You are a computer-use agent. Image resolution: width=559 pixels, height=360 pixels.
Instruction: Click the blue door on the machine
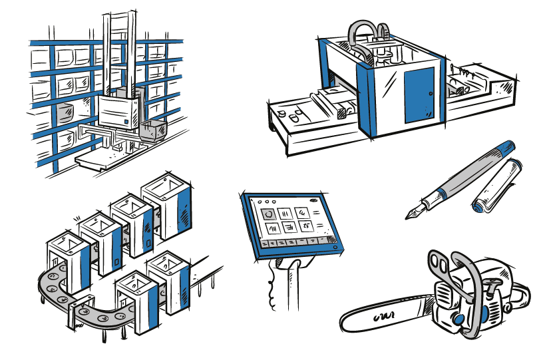click(419, 94)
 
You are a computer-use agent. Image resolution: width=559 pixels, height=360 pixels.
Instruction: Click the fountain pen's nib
click(414, 212)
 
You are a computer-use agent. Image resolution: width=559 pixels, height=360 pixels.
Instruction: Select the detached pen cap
click(495, 186)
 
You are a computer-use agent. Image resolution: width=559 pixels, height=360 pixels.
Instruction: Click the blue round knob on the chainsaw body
click(459, 320)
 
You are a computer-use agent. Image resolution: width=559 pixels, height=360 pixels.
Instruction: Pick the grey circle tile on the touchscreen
click(268, 214)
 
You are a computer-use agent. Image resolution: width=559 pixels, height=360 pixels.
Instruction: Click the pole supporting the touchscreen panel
click(287, 286)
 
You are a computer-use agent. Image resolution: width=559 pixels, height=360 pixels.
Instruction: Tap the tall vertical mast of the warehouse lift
click(117, 47)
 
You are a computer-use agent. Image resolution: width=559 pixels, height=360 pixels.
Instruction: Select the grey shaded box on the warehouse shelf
click(63, 113)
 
